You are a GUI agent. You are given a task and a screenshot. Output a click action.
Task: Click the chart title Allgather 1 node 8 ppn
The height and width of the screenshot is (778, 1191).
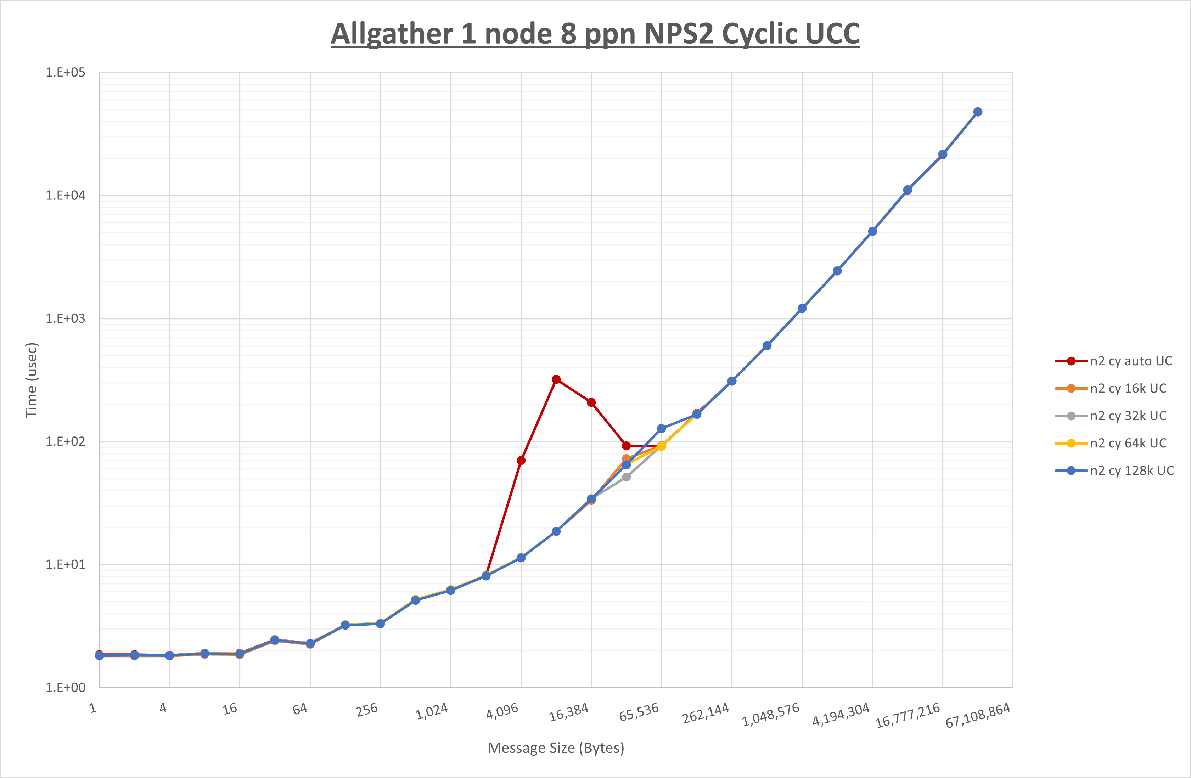pyautogui.click(x=595, y=34)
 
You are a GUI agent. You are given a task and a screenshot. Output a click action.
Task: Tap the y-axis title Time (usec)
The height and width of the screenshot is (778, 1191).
pyautogui.click(x=31, y=380)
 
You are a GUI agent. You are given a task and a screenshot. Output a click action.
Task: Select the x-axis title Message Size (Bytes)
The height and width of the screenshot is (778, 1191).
pyautogui.click(x=556, y=748)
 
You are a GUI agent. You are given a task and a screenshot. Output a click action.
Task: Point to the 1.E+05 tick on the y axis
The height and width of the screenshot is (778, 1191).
pyautogui.click(x=66, y=73)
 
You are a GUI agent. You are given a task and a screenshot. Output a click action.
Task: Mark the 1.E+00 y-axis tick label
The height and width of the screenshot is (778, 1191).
pyautogui.click(x=66, y=687)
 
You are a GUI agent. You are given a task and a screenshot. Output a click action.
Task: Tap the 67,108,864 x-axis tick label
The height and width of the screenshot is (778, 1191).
pyautogui.click(x=977, y=715)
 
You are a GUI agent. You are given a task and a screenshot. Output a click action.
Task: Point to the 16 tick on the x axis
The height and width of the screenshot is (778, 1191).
pyautogui.click(x=230, y=709)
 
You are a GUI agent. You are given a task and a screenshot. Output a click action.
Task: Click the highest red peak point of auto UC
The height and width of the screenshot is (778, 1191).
pyautogui.click(x=556, y=379)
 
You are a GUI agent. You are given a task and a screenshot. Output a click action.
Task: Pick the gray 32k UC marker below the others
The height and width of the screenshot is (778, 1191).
pyautogui.click(x=626, y=477)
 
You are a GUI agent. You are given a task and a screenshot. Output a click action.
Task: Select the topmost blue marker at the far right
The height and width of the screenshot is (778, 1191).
pyautogui.click(x=977, y=112)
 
